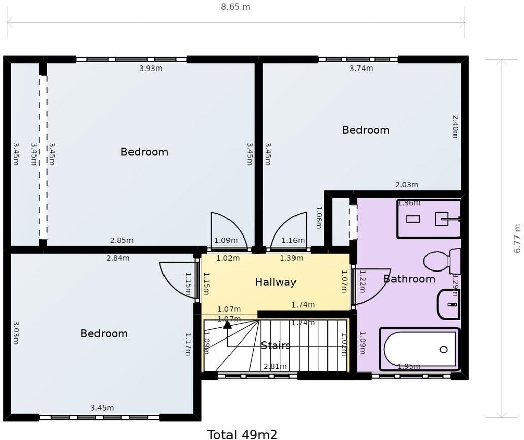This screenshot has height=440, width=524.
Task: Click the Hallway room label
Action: [275, 282]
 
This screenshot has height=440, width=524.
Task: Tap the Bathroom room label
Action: [409, 279]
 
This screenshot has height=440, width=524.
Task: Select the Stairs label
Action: [276, 346]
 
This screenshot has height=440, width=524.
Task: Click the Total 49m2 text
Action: [242, 434]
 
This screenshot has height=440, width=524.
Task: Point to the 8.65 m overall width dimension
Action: [236, 7]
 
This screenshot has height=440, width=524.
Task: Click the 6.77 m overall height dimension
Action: [517, 238]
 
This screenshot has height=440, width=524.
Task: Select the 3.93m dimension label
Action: [151, 69]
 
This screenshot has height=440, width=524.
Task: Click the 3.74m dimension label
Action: [362, 69]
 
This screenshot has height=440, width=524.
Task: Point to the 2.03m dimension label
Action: [407, 185]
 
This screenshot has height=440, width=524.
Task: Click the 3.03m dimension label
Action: [16, 332]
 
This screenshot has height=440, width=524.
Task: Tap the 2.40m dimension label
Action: [455, 126]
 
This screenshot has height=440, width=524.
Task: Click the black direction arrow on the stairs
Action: [227, 324]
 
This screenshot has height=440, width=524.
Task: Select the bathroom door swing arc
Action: [373, 287]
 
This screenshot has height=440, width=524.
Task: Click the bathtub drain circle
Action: [443, 349]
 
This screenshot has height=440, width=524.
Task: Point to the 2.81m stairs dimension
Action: [275, 366]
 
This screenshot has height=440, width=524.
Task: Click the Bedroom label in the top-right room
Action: [366, 130]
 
